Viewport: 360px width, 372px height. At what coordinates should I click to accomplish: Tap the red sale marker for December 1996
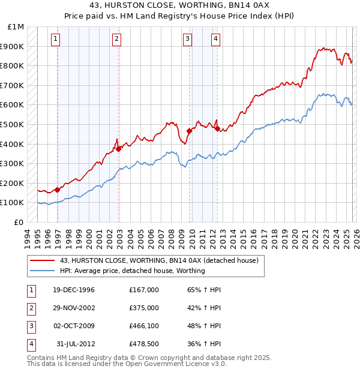pos(58,190)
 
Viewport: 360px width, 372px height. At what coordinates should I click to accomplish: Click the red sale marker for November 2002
pos(119,149)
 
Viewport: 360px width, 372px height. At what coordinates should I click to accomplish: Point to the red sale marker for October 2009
pos(189,131)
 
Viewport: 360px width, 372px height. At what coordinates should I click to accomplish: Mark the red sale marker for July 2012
pos(217,128)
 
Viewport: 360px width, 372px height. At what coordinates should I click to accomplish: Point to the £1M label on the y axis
pos(16,26)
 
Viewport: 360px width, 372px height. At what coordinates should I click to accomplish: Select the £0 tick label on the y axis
pos(19,222)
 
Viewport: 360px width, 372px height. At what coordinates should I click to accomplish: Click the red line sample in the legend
pos(42,260)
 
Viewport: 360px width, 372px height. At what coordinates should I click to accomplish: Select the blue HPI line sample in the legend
pos(42,271)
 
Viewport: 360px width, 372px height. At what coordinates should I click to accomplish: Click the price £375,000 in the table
pos(143,308)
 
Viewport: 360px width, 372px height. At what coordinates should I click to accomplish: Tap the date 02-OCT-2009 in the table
pos(74,326)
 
